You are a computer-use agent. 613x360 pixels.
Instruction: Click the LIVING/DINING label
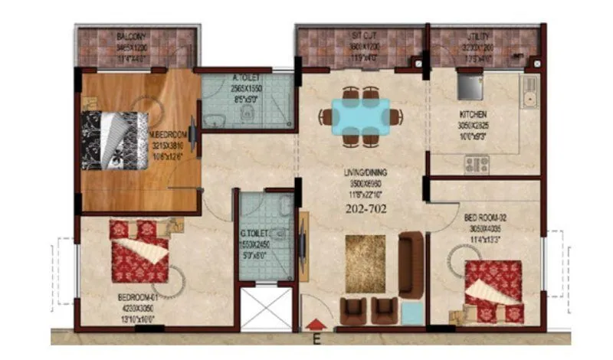364,175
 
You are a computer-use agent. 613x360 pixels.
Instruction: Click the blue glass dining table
361,116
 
